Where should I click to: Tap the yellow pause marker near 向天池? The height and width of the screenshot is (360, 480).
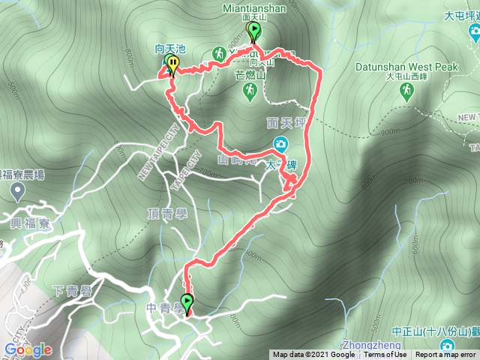173,63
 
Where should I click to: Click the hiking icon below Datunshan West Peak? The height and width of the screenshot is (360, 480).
406,91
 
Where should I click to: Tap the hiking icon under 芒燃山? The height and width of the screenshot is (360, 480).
250,90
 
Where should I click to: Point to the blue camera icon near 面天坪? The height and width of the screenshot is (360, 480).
279,143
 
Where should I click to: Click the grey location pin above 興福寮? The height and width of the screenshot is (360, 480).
16,193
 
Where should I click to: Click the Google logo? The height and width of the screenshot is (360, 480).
27,349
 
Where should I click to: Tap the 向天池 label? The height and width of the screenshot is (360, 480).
169,48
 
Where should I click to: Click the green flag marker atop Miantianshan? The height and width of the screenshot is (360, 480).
254,31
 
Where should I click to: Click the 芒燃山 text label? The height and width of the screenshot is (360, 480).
250,75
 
